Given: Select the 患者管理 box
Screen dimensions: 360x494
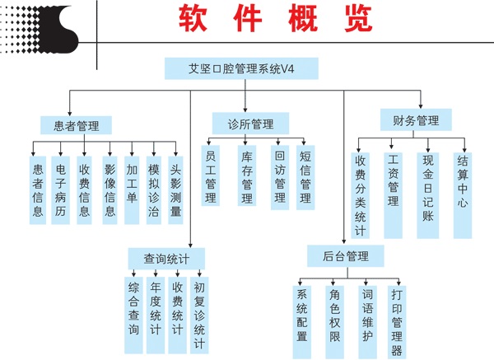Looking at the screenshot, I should pos(70,125).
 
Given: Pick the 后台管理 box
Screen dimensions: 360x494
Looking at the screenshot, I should pos(346,255).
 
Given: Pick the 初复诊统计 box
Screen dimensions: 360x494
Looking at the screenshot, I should pos(199,315).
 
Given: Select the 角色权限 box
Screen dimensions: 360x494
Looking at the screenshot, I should pos(336,315).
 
